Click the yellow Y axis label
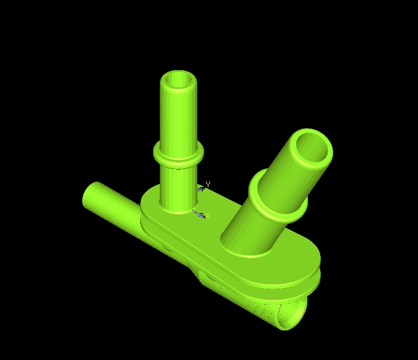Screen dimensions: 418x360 pyautogui.click(x=208, y=184)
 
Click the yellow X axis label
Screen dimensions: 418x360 pyautogui.click(x=208, y=216)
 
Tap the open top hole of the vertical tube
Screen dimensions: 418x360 pyautogui.click(x=178, y=80)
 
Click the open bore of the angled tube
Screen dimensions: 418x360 pyautogui.click(x=312, y=148)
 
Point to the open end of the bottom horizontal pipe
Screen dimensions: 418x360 pyautogui.click(x=293, y=315)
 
